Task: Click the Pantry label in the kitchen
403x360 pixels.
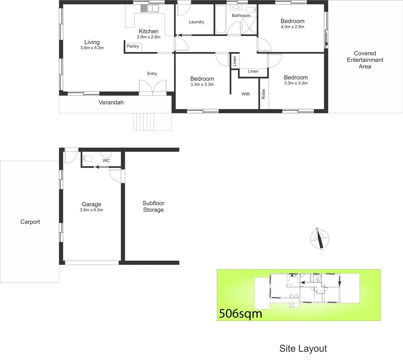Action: [x=133, y=46]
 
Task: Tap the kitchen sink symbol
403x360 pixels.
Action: [x=149, y=8]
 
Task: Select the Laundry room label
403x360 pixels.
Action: [x=196, y=22]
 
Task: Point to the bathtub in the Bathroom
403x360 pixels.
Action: [x=220, y=20]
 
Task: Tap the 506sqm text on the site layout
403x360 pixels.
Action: [x=240, y=314]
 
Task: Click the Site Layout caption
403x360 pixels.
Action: [x=303, y=349]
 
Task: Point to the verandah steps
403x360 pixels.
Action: [x=152, y=122]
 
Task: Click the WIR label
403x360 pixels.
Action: [x=245, y=94]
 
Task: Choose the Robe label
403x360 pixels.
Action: [x=263, y=94]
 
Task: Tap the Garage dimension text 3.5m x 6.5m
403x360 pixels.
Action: [x=91, y=210]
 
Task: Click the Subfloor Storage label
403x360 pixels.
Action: [x=153, y=206]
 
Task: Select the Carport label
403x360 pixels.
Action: [x=30, y=222]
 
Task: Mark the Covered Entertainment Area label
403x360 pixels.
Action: [x=365, y=60]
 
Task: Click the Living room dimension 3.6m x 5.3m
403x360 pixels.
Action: [x=92, y=48]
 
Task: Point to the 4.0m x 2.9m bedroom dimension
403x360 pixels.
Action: [x=292, y=27]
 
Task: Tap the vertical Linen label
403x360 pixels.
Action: [x=234, y=61]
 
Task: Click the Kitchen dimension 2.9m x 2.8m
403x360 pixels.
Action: [x=149, y=37]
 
